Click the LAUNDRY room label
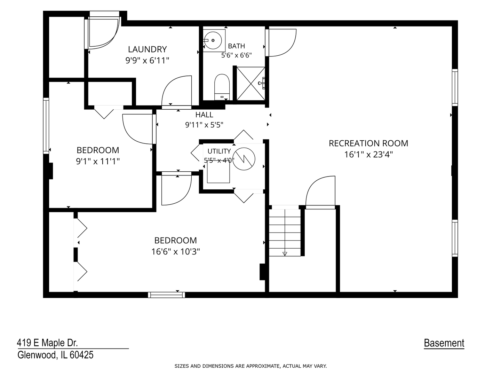[147, 49]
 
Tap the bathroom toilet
[222, 87]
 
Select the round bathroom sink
[213, 40]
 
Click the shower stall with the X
[251, 84]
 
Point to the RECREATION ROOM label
[368, 143]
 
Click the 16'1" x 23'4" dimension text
[368, 155]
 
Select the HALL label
[204, 115]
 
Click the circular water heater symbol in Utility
[244, 159]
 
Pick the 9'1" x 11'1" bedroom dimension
[98, 162]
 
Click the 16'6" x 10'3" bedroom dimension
[175, 252]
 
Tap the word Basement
[444, 343]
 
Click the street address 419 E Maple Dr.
[47, 343]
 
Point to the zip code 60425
[81, 355]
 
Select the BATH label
[237, 46]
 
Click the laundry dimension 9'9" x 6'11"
[147, 61]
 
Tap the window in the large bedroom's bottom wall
[166, 295]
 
